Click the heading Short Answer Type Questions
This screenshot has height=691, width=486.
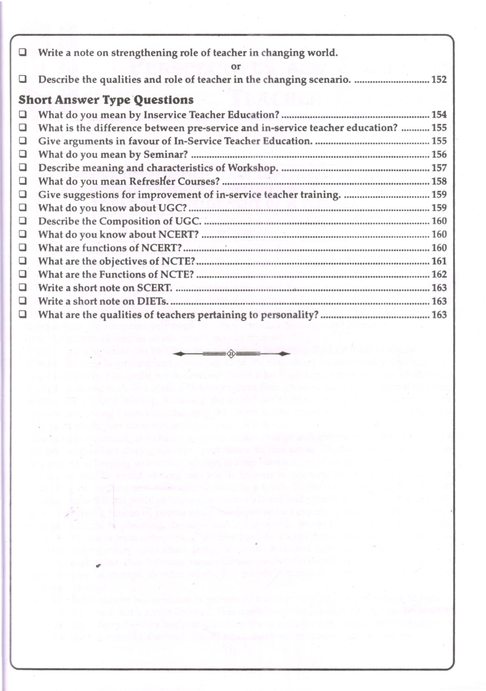tap(106, 100)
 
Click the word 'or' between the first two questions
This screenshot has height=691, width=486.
tap(236, 67)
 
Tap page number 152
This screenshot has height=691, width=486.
tap(439, 80)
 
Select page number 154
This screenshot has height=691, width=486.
tap(439, 115)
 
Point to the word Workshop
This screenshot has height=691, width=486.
tap(252, 168)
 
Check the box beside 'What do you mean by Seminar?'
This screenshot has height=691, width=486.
tap(23, 154)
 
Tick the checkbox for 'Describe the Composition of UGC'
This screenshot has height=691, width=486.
tap(23, 221)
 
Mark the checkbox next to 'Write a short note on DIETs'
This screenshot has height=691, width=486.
tap(23, 301)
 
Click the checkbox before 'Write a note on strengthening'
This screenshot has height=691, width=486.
tap(23, 52)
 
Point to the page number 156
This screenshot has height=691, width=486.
tap(439, 154)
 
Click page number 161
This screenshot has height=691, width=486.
tap(439, 261)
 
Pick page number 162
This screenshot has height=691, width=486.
tap(439, 274)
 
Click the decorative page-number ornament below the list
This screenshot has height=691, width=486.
tap(231, 354)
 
